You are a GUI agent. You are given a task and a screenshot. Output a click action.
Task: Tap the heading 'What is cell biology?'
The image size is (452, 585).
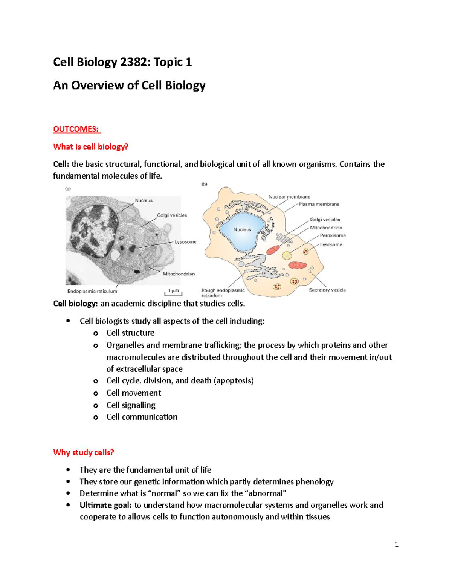click(x=91, y=147)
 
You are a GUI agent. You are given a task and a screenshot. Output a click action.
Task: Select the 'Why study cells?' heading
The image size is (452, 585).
click(x=84, y=452)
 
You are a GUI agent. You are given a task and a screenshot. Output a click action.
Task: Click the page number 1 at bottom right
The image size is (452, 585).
click(x=397, y=544)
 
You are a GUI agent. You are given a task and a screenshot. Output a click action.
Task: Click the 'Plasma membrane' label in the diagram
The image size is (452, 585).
click(x=319, y=204)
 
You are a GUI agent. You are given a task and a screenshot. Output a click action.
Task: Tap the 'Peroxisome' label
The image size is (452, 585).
click(x=333, y=235)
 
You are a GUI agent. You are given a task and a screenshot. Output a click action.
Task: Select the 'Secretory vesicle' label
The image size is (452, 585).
click(x=327, y=290)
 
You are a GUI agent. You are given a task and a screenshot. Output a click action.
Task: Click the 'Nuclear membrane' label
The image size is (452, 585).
click(x=289, y=197)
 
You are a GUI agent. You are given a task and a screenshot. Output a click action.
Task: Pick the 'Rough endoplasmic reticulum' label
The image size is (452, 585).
click(x=223, y=292)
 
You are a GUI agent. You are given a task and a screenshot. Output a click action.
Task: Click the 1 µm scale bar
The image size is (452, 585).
click(x=173, y=292)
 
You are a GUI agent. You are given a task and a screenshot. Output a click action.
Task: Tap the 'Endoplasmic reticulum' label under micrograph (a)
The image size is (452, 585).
click(x=92, y=291)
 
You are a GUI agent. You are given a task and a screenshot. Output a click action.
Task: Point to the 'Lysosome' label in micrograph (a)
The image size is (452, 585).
click(x=185, y=242)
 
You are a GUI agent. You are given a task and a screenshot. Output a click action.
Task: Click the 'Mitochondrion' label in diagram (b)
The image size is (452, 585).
click(x=326, y=228)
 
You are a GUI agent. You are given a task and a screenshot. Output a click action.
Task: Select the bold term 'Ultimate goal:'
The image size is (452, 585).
click(x=105, y=505)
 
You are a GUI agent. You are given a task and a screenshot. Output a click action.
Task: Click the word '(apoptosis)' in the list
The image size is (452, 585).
click(x=234, y=380)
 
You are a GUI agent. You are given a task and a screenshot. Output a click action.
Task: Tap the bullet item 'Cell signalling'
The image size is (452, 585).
click(x=131, y=405)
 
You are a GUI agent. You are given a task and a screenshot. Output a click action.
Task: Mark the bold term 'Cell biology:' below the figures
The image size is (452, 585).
click(x=75, y=304)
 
